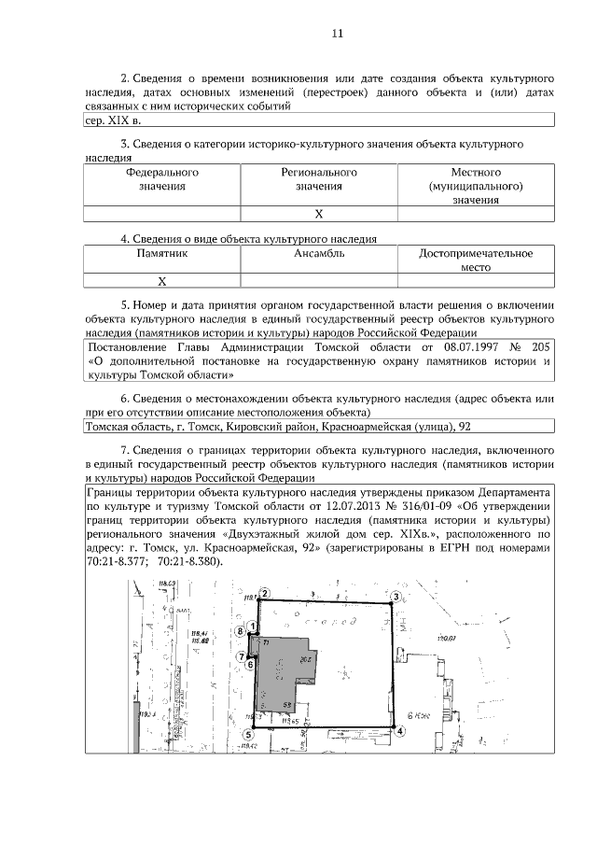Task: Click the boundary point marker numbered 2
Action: coord(264,593)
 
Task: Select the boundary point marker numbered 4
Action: coord(399,732)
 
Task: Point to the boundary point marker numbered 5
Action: coord(249,733)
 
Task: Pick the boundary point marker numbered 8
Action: coord(241,632)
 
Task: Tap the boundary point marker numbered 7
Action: coord(241,656)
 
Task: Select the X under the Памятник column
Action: coord(161,280)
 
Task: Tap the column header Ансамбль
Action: coord(319,253)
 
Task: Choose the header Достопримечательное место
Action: coord(476,260)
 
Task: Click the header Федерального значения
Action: coord(161,179)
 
